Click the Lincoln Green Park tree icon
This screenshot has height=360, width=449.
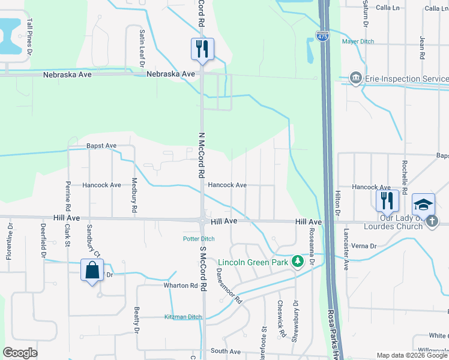297,262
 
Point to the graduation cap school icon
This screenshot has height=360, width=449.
424,205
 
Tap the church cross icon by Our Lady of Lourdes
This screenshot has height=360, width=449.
432,222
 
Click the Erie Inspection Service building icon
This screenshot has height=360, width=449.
355,79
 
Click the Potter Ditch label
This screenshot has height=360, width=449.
199,239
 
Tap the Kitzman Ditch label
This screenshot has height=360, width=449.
182,317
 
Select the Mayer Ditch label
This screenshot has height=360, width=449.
358,41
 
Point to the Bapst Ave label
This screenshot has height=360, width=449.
101,146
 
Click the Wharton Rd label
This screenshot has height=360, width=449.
181,286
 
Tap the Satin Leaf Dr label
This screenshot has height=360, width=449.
142,45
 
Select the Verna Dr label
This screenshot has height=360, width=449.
364,246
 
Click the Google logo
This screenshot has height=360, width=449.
20,353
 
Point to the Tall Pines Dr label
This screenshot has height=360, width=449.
29,37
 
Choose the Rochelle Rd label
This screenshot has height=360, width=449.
405,178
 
